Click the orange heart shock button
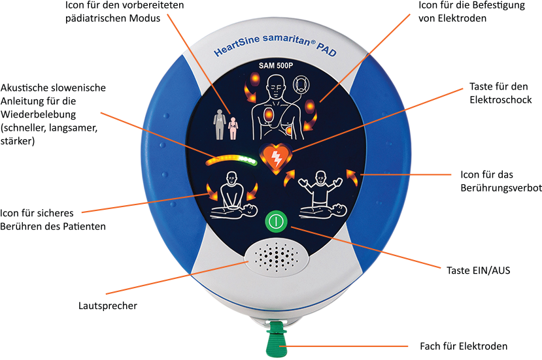pos(276,158)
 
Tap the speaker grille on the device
pos(277,256)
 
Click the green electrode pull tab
pos(277,338)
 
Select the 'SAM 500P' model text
pos(276,65)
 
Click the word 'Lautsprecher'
pos(108,306)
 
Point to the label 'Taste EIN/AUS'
pos(479,270)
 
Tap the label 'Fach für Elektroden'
pos(464,346)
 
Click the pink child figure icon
pos(233,128)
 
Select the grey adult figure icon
pos(220,124)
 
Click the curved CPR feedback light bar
pos(231,159)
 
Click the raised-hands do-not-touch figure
pos(320,189)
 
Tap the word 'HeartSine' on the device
pos(237,46)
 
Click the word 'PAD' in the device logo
pos(326,50)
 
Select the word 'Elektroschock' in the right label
pos(501,100)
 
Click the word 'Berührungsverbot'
pos(501,188)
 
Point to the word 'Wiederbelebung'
pos(38,114)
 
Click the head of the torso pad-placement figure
pos(276,86)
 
